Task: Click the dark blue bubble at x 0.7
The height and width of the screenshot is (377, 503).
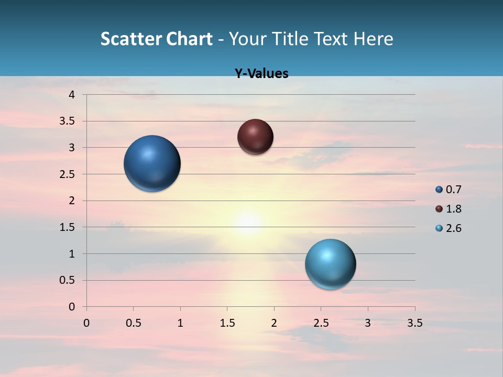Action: point(152,163)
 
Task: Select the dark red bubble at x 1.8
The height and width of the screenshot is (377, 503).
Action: point(255,137)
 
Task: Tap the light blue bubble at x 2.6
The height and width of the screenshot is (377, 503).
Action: point(330,264)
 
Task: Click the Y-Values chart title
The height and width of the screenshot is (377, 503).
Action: point(261,73)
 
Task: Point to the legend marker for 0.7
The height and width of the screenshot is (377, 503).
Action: point(439,190)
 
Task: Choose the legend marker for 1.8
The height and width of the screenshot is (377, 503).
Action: point(439,209)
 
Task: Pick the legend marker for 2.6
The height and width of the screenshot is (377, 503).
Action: point(439,228)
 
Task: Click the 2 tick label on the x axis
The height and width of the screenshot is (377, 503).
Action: point(274,323)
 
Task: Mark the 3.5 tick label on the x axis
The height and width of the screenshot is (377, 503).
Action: point(414,323)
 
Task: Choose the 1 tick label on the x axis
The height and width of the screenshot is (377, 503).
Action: point(180,323)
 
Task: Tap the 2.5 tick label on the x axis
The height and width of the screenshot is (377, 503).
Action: point(321,323)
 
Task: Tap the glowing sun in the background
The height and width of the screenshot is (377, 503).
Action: point(248,222)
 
